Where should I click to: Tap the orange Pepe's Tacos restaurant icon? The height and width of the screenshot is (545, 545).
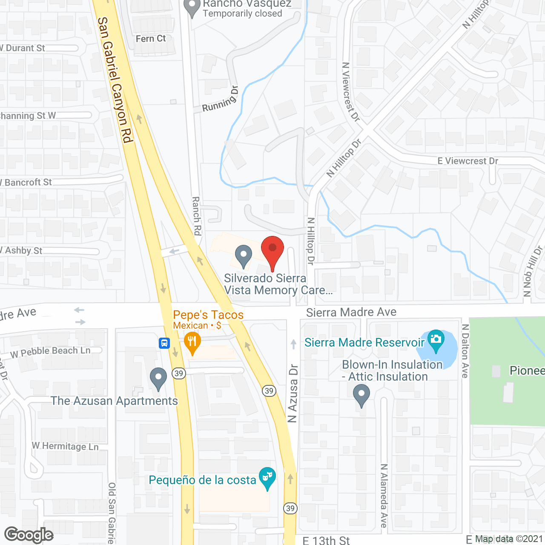click(192, 343)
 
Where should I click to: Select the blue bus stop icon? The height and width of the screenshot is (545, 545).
click(164, 343)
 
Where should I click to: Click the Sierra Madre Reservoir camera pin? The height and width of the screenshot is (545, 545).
click(436, 341)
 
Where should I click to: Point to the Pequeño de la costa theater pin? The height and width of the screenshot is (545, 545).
click(267, 478)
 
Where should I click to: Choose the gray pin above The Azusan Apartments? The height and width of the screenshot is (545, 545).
click(158, 379)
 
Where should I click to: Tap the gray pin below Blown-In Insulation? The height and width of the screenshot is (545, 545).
click(361, 395)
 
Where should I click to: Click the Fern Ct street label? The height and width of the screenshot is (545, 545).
click(151, 39)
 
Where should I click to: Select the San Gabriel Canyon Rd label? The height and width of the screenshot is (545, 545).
click(115, 80)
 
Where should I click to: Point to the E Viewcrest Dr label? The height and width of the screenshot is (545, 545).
click(468, 161)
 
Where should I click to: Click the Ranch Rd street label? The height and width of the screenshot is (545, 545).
click(196, 216)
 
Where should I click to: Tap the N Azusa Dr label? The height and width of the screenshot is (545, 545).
click(293, 393)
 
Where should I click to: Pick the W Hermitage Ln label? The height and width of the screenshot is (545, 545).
click(65, 446)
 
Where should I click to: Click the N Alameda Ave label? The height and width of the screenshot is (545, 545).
click(384, 496)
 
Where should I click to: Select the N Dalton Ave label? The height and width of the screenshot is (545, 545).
click(465, 351)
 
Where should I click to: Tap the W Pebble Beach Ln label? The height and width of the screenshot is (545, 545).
click(50, 352)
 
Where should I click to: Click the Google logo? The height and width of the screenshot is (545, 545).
click(29, 535)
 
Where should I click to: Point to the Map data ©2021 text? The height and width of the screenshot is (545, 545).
click(509, 539)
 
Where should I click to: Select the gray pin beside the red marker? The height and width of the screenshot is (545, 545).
click(244, 256)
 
